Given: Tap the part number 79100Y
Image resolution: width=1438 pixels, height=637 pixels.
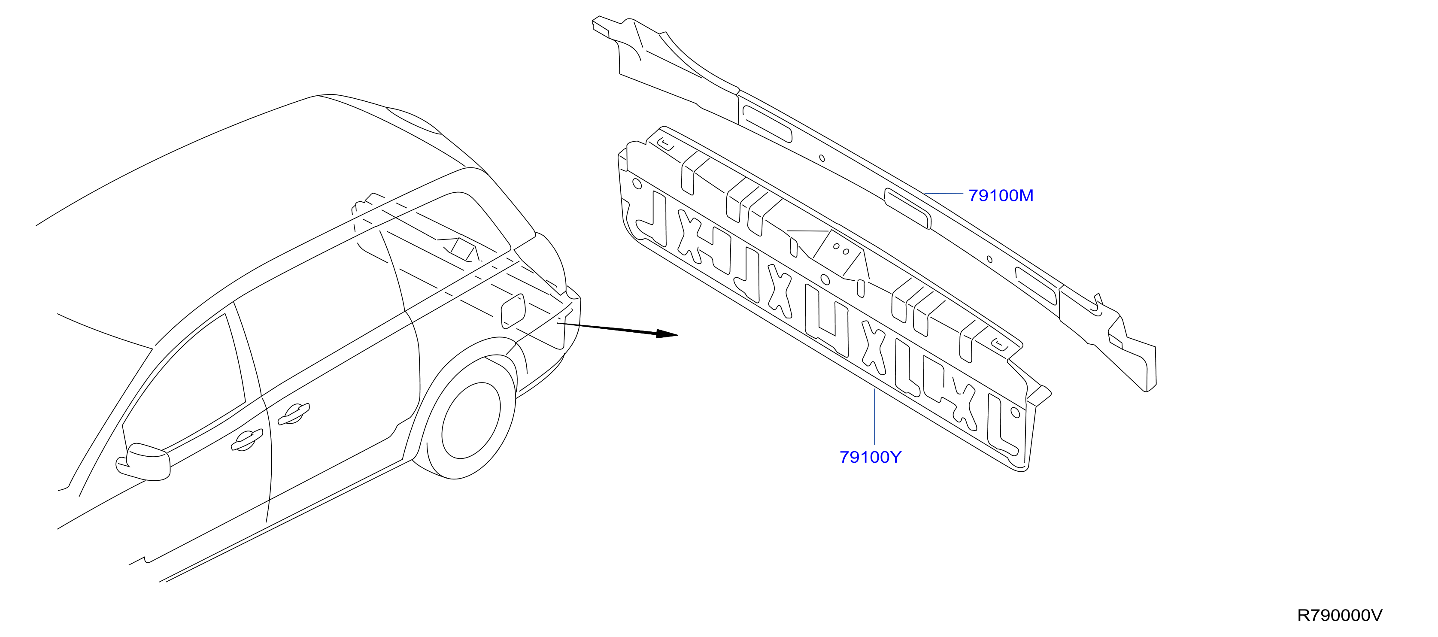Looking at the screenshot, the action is tap(870, 457).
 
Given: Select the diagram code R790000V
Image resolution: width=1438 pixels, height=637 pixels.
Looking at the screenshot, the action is tap(1340, 615).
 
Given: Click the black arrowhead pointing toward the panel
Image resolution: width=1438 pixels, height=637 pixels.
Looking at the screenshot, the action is tap(667, 334).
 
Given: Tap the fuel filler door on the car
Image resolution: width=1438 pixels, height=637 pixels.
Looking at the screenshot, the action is tap(513, 310).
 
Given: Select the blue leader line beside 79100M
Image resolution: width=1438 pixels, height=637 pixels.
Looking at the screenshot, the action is tap(943, 194).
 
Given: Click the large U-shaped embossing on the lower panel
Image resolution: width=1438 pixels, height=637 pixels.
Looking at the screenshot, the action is tap(826, 321).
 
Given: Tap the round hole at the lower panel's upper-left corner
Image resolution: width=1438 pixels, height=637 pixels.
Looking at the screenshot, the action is tap(637, 183).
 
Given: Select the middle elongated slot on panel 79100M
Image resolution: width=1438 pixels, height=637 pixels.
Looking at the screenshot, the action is tap(908, 208).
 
